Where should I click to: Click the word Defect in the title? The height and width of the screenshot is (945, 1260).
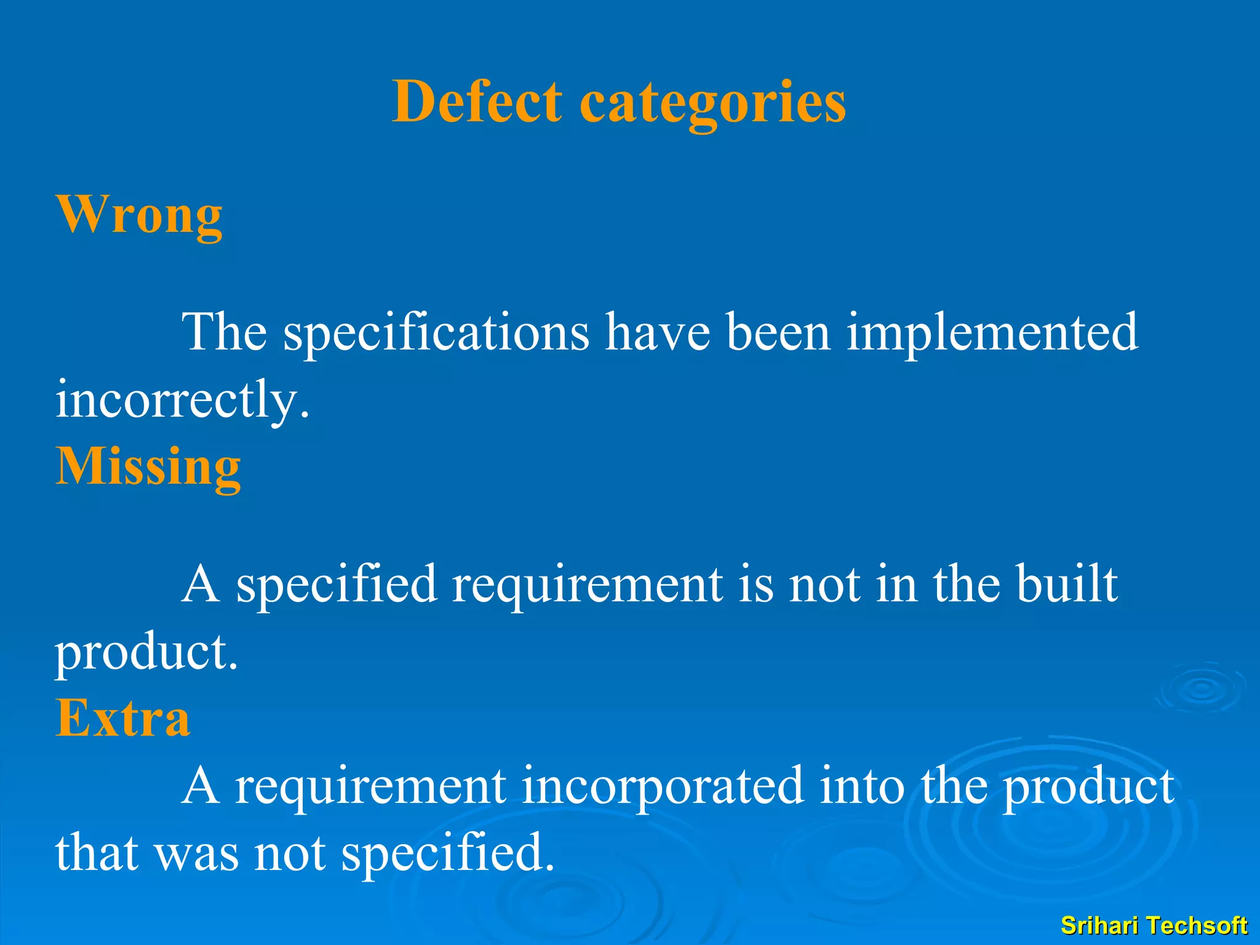click(477, 102)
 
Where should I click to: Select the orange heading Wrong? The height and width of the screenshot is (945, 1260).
click(139, 215)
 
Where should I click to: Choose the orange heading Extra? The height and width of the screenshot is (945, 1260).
click(123, 718)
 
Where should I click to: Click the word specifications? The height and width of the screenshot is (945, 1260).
click(436, 332)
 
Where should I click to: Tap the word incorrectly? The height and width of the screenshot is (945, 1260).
click(182, 400)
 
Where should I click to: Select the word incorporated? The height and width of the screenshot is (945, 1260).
click(663, 786)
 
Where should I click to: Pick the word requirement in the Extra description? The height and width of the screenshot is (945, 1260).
click(370, 786)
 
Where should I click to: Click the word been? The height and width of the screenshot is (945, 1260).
click(778, 332)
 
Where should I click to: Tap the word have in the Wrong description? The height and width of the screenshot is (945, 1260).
click(657, 332)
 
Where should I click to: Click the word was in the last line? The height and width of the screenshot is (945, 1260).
click(196, 853)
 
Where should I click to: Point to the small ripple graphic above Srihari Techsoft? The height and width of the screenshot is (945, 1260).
click(1200, 688)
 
